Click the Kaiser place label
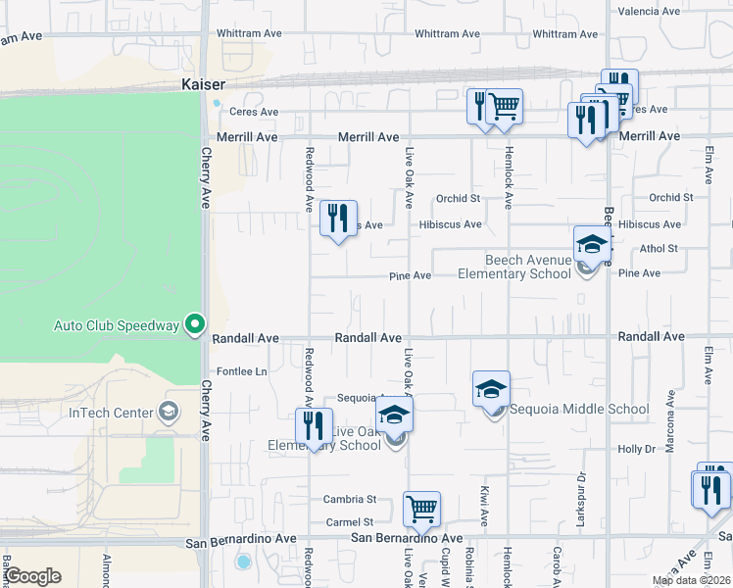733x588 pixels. coord(204,85)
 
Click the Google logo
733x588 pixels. coord(31,576)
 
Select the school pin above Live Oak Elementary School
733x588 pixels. coord(395,415)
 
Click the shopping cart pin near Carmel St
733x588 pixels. coord(421,508)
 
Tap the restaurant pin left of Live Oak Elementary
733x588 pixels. coord(314,426)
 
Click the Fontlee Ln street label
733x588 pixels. coord(242,372)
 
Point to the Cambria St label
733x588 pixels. coord(350,499)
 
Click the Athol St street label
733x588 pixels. coord(659,249)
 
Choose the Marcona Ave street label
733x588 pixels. coord(670,412)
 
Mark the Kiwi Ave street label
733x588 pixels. coord(483,502)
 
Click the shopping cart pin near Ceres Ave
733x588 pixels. coord(504,105)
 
